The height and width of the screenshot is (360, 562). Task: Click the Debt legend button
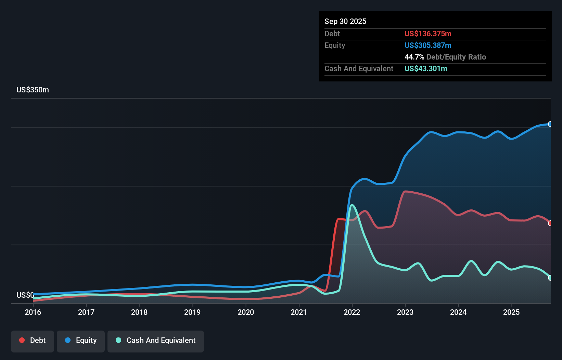33,340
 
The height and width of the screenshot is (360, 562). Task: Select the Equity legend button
81,340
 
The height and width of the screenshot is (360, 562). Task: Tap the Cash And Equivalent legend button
156,340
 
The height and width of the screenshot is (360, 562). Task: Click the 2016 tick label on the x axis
33,312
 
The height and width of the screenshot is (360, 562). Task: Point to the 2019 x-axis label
192,312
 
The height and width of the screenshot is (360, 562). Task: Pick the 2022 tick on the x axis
352,312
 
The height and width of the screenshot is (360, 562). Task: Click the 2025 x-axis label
511,312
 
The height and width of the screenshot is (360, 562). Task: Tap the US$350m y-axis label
33,90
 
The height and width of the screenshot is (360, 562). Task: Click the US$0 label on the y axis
25,295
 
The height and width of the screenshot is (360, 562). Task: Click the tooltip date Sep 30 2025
345,22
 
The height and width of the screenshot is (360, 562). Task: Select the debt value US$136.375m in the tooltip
427,34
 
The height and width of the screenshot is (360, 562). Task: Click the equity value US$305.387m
427,46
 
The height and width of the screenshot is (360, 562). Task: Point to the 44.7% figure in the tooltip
414,57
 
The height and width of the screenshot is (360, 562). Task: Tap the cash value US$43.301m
425,69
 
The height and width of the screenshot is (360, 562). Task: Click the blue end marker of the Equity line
550,124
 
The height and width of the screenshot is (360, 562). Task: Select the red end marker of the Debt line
550,223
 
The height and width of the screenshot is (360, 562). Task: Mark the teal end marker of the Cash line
550,278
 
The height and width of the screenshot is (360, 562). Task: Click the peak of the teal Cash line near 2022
352,205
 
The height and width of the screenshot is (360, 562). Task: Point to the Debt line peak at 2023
406,191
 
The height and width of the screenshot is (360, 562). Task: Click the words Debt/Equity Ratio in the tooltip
456,57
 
